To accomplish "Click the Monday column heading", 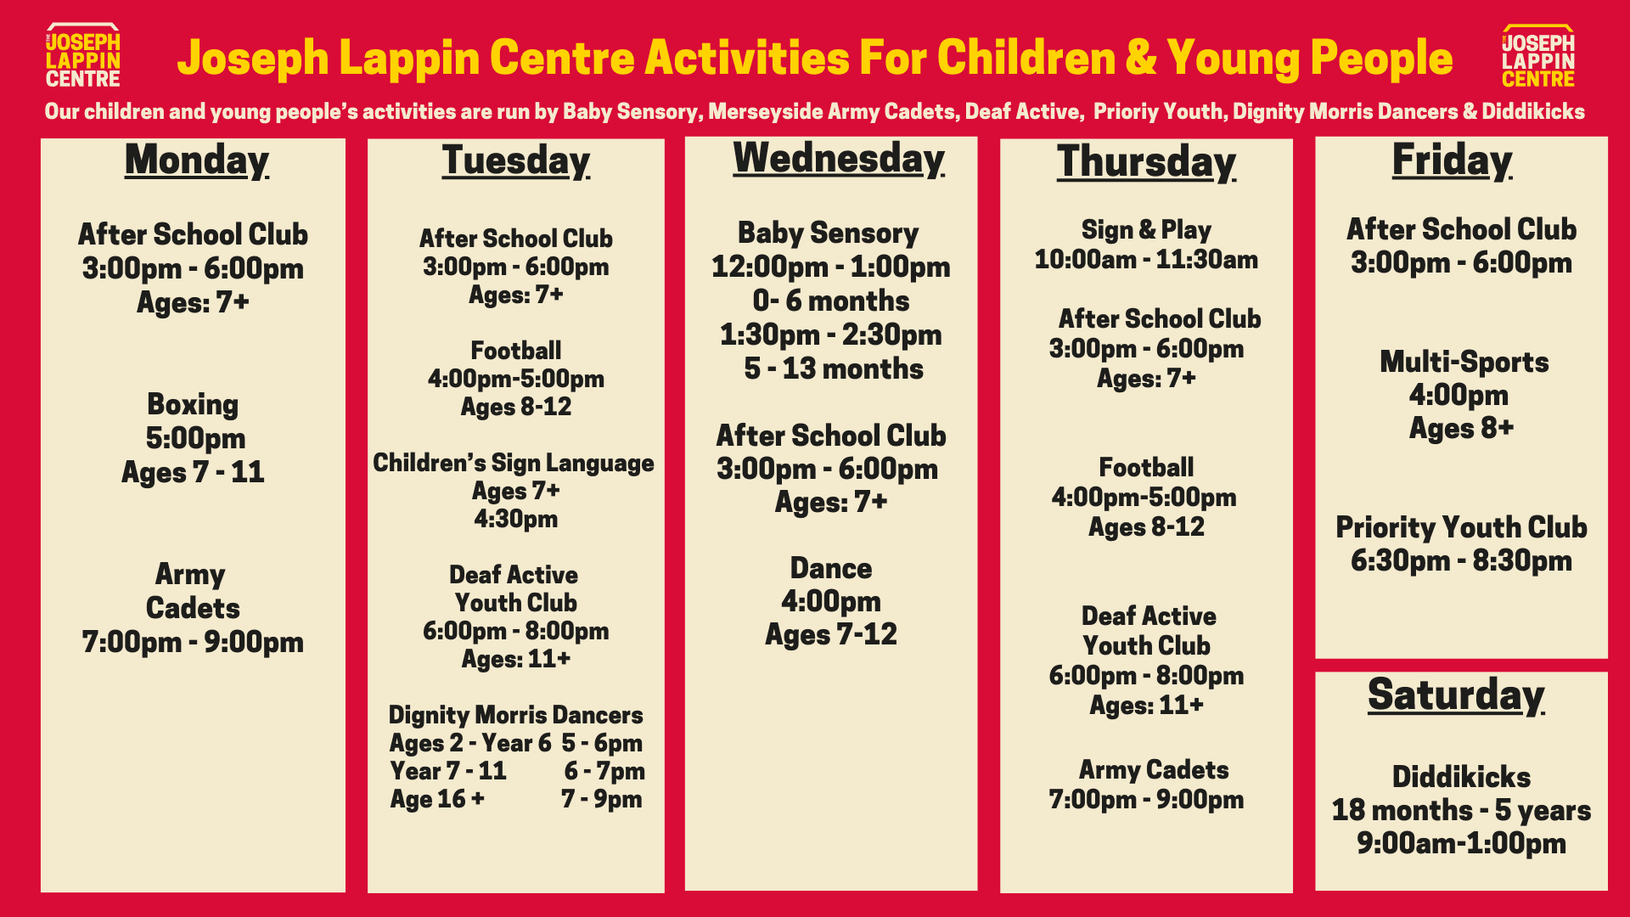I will point(196,160).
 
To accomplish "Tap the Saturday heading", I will point(1455,695).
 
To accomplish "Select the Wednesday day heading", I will point(838,159).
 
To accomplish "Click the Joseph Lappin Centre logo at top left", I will point(82,57).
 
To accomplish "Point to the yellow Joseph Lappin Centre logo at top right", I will point(1537,57).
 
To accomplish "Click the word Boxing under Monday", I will point(193,404).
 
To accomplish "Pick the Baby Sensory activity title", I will point(828,233).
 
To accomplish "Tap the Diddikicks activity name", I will point(1461,777).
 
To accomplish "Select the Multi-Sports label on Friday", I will point(1464,362).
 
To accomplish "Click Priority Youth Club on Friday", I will point(1461,527).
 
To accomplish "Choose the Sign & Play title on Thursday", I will point(1146,229).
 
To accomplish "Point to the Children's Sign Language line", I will point(514,463).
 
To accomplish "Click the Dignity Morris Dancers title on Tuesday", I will point(515,715).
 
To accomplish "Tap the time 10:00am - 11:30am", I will point(1146,260).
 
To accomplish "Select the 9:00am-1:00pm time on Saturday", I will point(1461,843).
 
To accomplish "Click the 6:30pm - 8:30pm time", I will point(1461,560).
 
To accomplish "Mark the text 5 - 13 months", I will point(833,368).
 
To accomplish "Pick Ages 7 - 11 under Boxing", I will point(193,472).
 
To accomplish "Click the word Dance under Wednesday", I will point(830,568).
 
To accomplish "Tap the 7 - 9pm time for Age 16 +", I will point(601,799).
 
